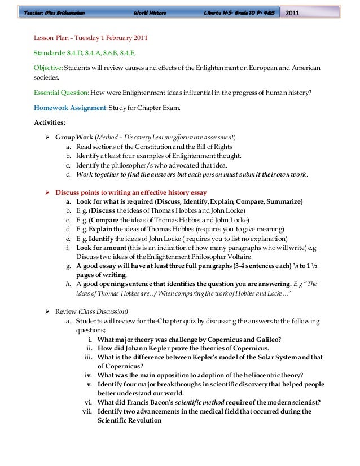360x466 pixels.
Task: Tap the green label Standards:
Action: [49, 53]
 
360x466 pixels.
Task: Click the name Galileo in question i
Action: [267, 339]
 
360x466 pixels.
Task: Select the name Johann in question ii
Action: [132, 348]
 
